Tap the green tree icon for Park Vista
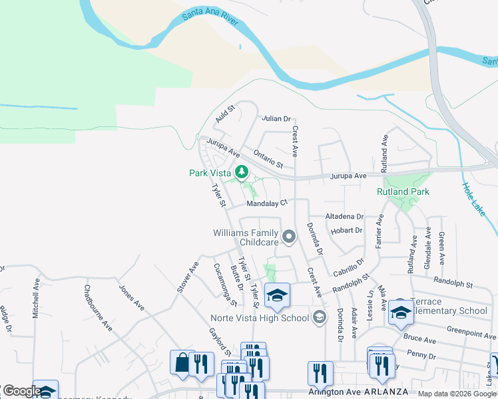click(241, 174)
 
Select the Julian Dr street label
click(276, 119)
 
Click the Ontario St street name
click(269, 158)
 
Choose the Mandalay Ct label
click(266, 203)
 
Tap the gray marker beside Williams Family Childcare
click(289, 237)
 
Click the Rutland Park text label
click(403, 192)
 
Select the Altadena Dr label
click(344, 217)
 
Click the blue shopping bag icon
click(182, 362)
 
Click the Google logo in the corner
click(21, 391)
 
